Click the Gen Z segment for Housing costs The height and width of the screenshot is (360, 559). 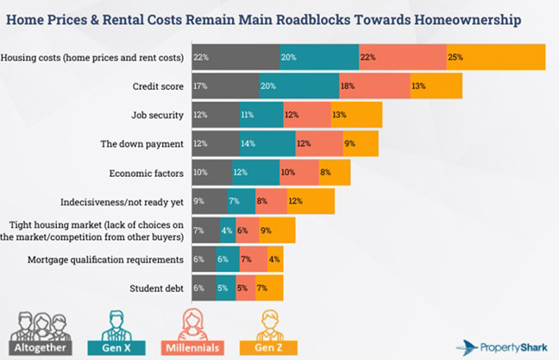(x=495, y=57)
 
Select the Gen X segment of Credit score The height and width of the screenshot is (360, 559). (x=298, y=86)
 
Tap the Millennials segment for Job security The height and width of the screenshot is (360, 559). (x=306, y=115)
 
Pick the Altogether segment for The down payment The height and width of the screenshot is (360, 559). (x=216, y=143)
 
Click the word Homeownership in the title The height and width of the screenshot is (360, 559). (x=467, y=19)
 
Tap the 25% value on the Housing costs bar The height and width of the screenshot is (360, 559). (x=455, y=57)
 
